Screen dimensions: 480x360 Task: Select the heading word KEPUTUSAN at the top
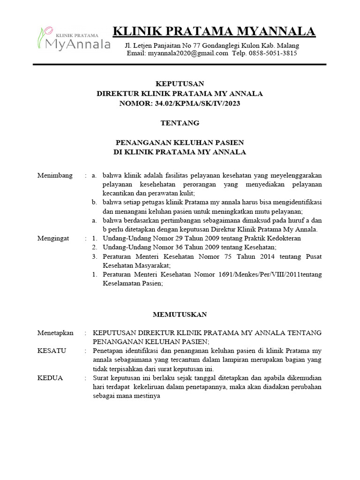(180, 84)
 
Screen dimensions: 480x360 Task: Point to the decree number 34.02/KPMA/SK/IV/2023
(197, 103)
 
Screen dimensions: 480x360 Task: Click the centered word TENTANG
(180, 123)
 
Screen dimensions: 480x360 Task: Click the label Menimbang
(55, 175)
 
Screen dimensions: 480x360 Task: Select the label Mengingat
(53, 238)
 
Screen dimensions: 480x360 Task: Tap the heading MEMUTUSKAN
(180, 315)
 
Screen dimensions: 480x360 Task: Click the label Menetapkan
(55, 333)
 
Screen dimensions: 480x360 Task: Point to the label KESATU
(52, 351)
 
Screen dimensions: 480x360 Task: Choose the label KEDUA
(50, 378)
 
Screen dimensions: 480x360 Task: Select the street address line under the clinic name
(211, 45)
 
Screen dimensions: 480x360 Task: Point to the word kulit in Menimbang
(186, 193)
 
